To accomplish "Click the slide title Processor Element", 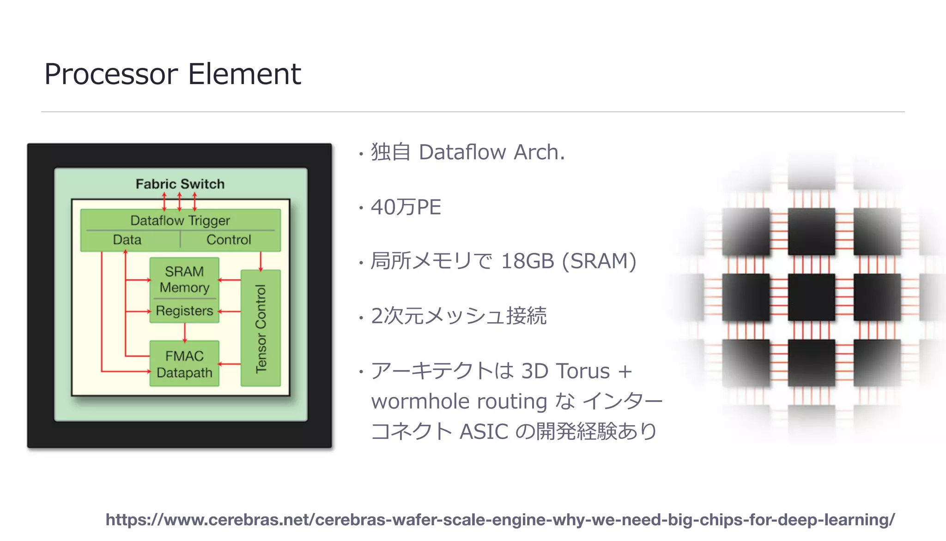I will [x=172, y=74].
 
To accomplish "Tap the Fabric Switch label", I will [x=180, y=184].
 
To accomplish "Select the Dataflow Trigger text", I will [x=180, y=220].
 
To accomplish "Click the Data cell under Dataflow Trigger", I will [x=127, y=240].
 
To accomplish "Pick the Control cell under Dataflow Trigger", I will [x=229, y=240].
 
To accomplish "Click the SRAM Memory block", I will [x=184, y=279].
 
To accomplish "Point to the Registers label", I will [x=184, y=311].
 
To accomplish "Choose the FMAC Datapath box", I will [x=184, y=364].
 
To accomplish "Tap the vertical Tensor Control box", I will [x=261, y=328].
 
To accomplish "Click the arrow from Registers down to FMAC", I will [x=185, y=332].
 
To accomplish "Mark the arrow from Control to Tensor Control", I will [x=261, y=261].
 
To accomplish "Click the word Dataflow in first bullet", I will [x=462, y=152].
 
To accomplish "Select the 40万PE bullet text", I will [x=406, y=207].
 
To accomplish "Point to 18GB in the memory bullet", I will [x=527, y=261].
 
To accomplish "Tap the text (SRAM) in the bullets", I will [x=599, y=261].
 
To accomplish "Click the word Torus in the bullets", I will [x=583, y=371].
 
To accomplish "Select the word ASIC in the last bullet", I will [x=484, y=432].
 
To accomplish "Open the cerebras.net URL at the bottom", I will [x=500, y=520].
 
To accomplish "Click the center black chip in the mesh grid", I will [x=811, y=297].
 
